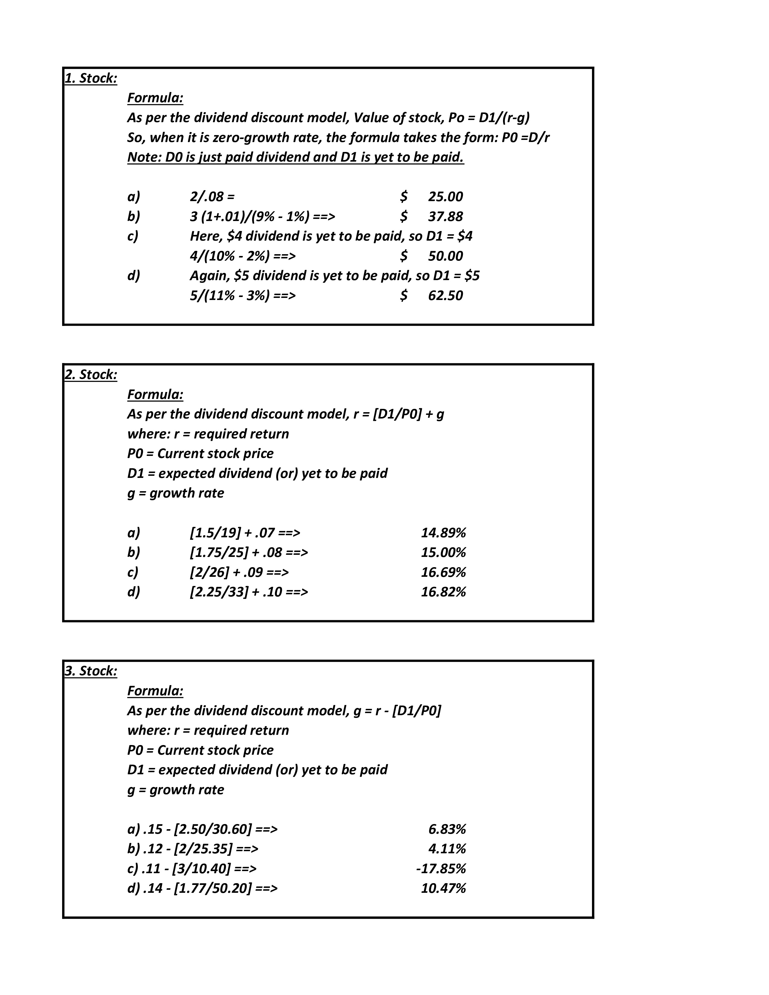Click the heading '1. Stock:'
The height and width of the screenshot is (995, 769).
coord(91,78)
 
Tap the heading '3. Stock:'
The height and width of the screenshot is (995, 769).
coord(91,671)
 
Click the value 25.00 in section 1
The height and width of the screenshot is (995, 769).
coord(445,197)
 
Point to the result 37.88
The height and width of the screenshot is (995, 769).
coord(445,216)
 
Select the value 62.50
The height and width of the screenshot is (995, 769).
coord(445,296)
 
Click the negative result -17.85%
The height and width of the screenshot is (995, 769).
coord(441,869)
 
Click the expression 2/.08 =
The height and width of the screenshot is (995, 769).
coord(212,197)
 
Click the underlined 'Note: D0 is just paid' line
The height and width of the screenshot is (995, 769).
coord(295,157)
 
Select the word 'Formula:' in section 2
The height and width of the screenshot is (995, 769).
coord(155,395)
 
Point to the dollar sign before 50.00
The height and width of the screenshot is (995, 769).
coord(403,256)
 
